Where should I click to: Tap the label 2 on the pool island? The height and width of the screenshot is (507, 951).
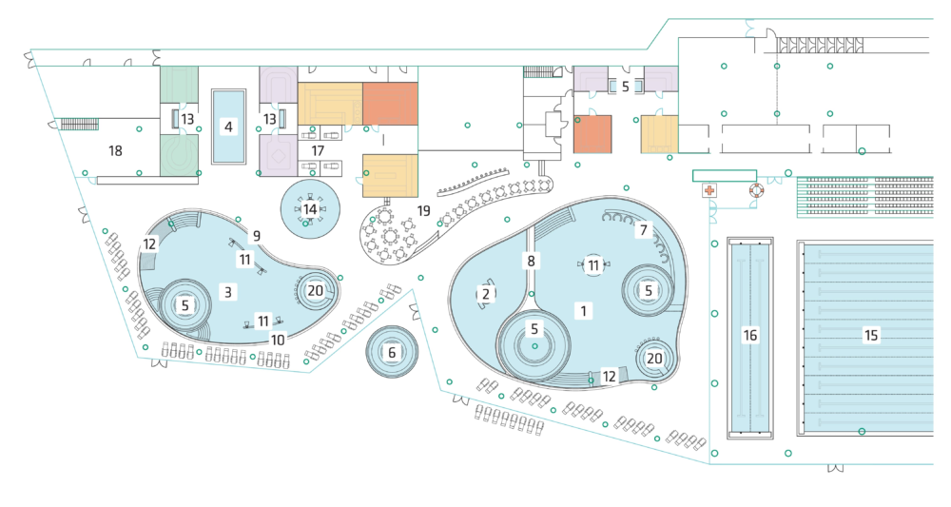[485, 294]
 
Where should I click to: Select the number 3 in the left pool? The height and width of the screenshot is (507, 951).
[228, 291]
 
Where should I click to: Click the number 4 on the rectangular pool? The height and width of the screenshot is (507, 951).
[228, 126]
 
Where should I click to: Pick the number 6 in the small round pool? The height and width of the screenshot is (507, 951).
[391, 351]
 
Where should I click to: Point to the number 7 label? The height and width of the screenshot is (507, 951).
[644, 229]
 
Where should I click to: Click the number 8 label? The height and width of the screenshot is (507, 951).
[532, 260]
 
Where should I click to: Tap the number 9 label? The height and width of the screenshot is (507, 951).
[256, 235]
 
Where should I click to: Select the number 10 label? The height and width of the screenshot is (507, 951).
[279, 339]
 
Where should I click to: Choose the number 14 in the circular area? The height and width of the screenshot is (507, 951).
[310, 208]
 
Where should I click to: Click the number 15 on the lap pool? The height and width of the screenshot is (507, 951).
[869, 334]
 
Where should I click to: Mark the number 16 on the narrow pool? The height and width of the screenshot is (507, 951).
[750, 335]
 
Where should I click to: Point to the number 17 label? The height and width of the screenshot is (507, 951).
[318, 150]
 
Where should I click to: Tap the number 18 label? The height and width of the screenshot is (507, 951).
[116, 150]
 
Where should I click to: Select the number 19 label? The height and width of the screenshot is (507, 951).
[424, 209]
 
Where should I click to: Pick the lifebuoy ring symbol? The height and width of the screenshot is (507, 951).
[756, 190]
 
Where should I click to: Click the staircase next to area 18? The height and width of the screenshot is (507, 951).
[80, 123]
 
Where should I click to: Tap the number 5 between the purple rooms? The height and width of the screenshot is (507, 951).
[625, 85]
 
